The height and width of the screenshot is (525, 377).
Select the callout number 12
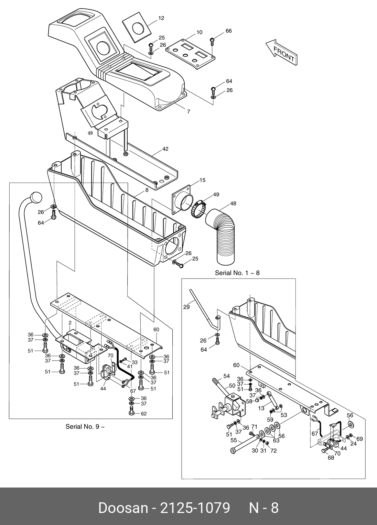161,18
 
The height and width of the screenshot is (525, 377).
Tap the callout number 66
229,31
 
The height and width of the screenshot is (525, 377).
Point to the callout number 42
165,149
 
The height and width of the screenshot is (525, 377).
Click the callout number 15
202,180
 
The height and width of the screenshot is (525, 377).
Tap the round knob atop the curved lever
36,198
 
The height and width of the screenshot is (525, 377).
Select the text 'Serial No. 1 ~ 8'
237,273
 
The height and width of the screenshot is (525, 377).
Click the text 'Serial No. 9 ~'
85,427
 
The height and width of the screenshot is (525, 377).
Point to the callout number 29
186,307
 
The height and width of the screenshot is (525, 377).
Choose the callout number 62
144,414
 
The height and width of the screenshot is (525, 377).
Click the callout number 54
227,376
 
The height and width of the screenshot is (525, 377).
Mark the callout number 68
331,458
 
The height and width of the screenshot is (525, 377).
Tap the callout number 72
273,451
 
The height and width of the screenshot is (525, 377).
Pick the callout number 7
188,112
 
